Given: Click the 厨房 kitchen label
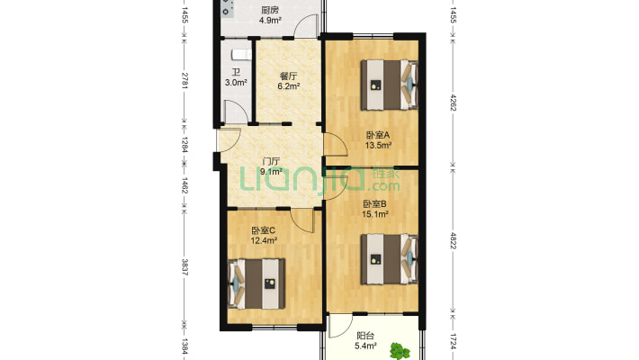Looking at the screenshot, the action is pos(270,10).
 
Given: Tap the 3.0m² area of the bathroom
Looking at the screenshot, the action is pos(236,83).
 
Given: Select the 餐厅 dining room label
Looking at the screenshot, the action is pos(288,76).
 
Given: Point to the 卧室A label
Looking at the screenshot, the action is pos(378,134).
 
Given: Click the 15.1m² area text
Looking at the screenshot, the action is pos(375,214).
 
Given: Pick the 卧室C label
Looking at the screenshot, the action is pos(263,230).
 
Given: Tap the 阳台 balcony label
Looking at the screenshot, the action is pos(365,336).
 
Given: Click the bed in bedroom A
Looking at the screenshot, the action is pos(389,85).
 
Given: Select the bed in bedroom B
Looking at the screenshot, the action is pos(389,259).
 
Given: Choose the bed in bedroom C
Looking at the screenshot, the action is pos(256,283).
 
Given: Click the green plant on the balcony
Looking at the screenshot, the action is pos(400,351).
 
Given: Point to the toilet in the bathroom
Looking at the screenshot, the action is pos(242,54).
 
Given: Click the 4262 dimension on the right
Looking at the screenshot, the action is pos(454,103).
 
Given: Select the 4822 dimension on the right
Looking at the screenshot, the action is pos(454,240).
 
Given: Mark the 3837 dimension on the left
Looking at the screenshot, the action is pos(184,267).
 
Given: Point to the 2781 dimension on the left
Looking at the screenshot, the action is pos(184,81).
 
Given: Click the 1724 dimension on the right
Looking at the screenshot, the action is pos(454,342).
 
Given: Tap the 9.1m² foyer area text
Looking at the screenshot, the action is pos(272,172).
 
